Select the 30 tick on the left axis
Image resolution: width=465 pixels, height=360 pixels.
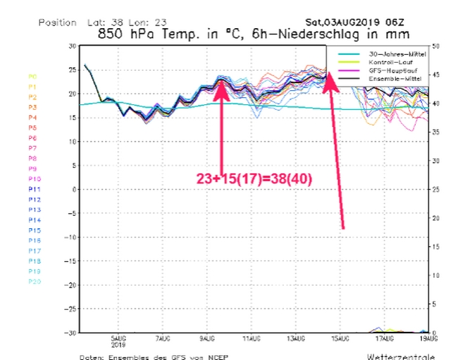(71, 46)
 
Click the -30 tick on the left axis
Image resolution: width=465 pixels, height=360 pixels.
(70, 333)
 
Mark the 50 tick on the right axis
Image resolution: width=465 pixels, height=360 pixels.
(436, 46)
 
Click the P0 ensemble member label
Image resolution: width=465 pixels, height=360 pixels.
(32, 76)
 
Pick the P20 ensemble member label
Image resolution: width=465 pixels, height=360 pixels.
(34, 281)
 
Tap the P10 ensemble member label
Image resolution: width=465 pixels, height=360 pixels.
(34, 179)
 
